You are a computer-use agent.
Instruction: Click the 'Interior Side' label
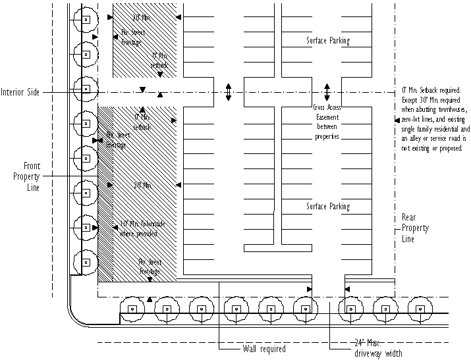(x=20, y=93)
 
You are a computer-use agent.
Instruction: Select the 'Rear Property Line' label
(x=415, y=228)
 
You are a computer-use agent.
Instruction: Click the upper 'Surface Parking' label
(x=327, y=41)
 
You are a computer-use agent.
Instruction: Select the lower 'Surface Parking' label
(x=327, y=207)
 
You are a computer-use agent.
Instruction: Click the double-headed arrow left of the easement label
(x=228, y=92)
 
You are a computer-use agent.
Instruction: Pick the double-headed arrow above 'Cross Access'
(x=327, y=91)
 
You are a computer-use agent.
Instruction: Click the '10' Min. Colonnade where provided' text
(x=142, y=228)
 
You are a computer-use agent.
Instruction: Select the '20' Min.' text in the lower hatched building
(x=142, y=186)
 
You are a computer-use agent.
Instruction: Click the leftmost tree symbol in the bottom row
(x=132, y=308)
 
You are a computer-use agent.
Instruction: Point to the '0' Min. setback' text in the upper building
(x=160, y=61)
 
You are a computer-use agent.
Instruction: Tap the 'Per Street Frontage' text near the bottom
(x=150, y=266)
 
